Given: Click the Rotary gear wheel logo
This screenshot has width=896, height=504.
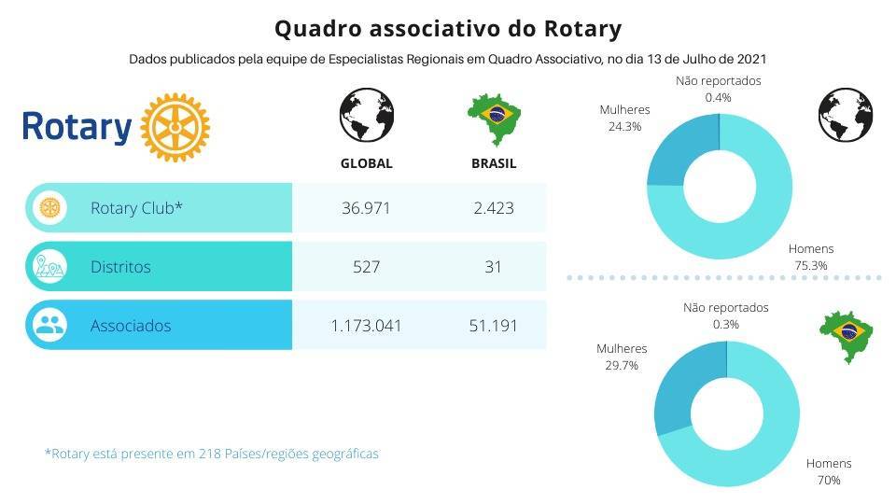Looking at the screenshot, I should tap(175, 127).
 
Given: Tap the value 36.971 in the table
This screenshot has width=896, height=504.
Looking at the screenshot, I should tap(366, 207).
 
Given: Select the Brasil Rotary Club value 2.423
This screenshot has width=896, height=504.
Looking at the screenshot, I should tap(494, 207).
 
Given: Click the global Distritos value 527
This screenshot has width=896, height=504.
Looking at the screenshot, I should tap(366, 267).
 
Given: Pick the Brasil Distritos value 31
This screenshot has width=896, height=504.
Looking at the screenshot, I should tap(494, 267).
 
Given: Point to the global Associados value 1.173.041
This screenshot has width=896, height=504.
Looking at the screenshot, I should tap(366, 326).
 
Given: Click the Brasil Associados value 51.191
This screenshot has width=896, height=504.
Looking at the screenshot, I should tap(494, 326).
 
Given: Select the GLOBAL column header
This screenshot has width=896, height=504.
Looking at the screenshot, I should tap(366, 163).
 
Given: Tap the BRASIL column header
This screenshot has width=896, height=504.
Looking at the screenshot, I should tap(494, 163).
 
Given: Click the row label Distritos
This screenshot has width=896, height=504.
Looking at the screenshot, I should tap(120, 267).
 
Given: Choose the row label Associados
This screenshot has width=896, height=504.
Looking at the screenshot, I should tap(130, 326).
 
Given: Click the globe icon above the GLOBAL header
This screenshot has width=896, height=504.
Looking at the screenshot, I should tap(366, 117).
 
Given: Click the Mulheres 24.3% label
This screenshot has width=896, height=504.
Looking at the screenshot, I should tap(624, 118).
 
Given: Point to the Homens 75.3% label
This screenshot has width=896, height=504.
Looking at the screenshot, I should tap(810, 257).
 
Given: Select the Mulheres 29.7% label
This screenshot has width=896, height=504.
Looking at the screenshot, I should tap(622, 357).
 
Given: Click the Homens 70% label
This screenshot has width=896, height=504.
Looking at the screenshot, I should tap(829, 471).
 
